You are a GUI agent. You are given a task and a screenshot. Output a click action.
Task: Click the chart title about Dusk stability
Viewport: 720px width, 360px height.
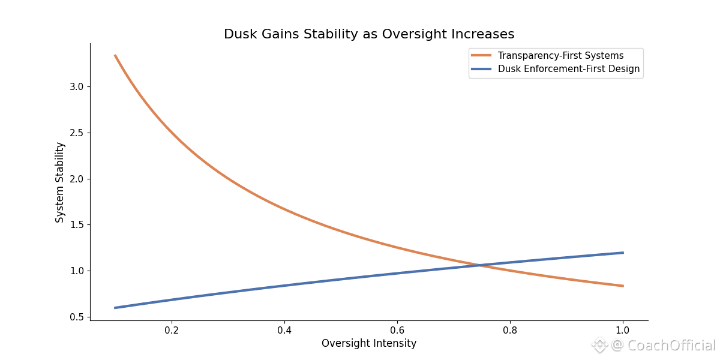369,34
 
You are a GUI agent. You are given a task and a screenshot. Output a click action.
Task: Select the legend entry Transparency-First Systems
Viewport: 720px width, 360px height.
560,56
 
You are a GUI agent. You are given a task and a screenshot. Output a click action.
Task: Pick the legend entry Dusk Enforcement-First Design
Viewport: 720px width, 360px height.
569,69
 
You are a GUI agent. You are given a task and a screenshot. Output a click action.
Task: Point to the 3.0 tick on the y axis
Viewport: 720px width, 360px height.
77,86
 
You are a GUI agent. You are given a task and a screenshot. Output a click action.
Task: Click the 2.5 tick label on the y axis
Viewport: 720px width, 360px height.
77,133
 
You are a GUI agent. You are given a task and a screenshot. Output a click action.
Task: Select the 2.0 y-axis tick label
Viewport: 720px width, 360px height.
77,179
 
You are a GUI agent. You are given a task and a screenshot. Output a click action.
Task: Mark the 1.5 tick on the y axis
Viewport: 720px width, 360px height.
77,225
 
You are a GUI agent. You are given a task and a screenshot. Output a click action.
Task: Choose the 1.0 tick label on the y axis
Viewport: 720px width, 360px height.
77,271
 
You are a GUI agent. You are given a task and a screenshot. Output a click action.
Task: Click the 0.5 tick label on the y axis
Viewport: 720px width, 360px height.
77,317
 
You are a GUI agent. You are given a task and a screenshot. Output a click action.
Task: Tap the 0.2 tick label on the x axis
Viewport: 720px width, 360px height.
172,330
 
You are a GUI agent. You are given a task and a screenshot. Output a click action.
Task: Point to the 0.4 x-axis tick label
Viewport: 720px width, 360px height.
284,330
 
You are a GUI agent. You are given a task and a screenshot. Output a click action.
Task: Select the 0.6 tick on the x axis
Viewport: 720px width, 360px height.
397,330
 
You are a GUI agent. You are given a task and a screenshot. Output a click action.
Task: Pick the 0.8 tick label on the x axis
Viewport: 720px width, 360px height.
510,330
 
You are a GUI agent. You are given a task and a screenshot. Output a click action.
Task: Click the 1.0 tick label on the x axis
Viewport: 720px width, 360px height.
623,330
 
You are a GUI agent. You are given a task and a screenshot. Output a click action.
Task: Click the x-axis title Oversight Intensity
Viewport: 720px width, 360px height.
369,344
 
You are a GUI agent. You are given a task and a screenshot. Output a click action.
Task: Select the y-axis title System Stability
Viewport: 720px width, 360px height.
60,182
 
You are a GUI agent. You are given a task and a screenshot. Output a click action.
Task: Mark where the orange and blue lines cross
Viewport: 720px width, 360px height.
479,265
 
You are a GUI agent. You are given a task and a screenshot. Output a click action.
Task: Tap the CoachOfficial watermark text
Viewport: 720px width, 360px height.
663,346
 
